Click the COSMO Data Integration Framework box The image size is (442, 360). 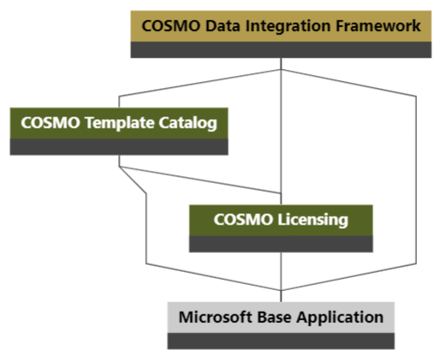click(281, 27)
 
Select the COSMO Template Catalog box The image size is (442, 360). click(119, 123)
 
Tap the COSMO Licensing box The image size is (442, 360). click(281, 220)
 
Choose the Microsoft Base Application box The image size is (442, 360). click(281, 317)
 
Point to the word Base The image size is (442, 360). click(273, 317)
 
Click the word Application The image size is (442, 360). click(338, 317)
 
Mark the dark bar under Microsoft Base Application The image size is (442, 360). click(281, 340)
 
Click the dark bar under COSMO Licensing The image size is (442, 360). click(281, 243)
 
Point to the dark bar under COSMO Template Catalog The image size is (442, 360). click(119, 147)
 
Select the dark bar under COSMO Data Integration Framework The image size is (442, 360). click(281, 50)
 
